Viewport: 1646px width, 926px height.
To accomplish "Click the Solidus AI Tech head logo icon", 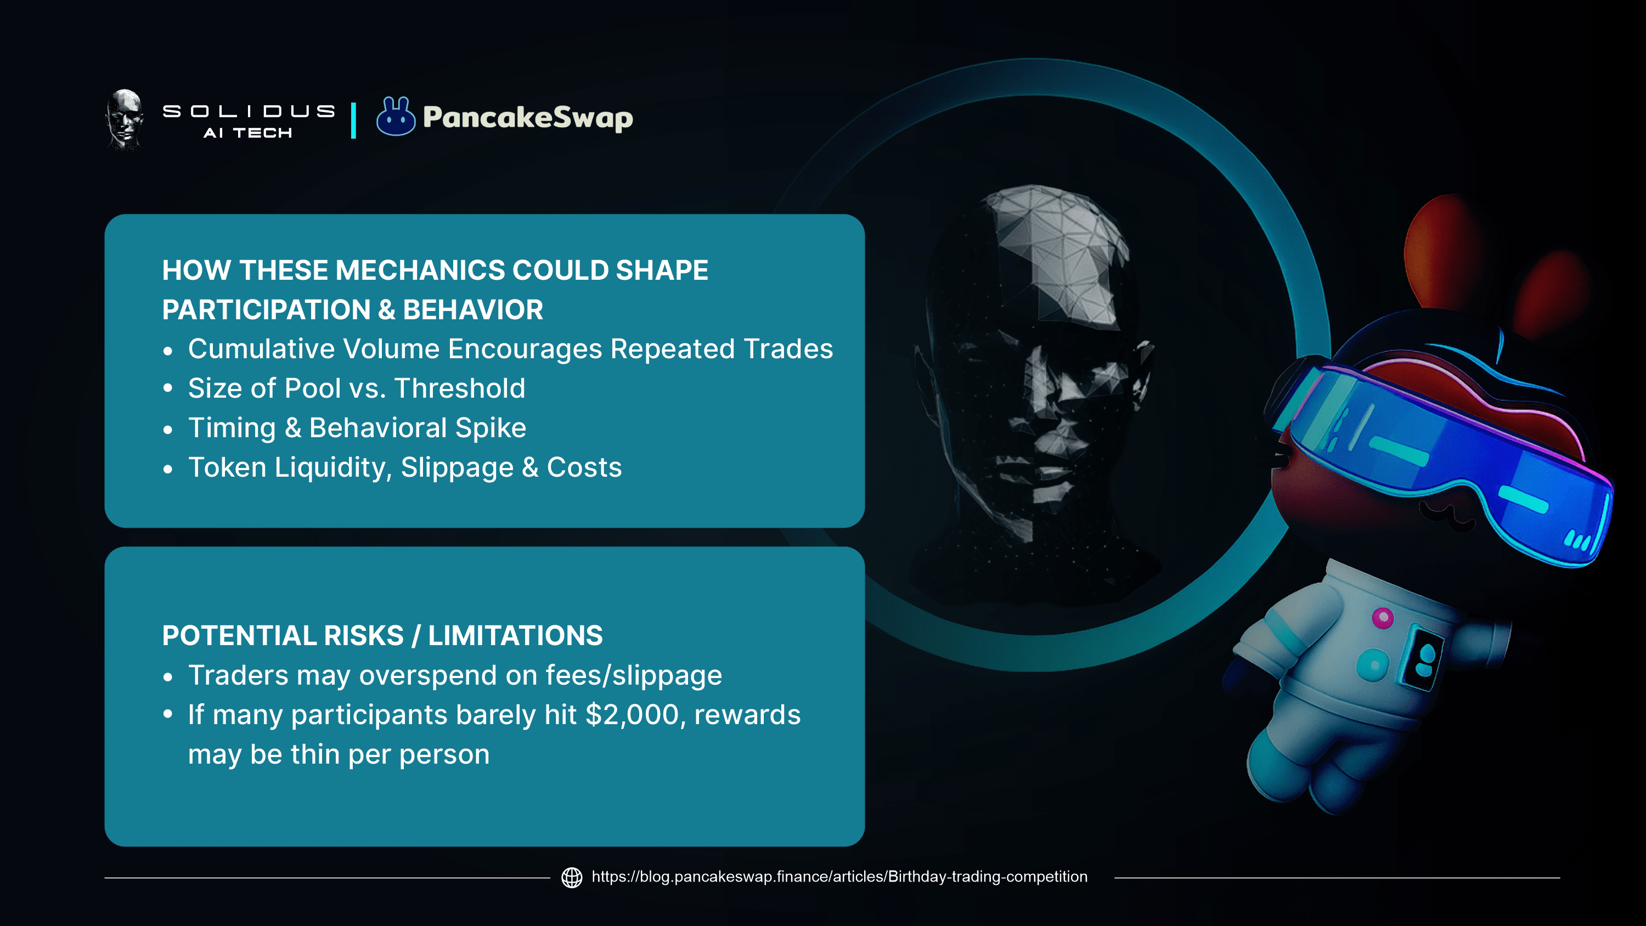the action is pyautogui.click(x=125, y=120).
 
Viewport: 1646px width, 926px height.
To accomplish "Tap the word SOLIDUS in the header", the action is pyautogui.click(x=249, y=111).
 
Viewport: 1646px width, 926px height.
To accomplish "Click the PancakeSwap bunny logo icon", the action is pyautogui.click(x=396, y=116).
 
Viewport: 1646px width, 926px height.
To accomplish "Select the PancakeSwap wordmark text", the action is pyautogui.click(x=528, y=117).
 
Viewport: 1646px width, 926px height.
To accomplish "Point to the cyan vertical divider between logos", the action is pyautogui.click(x=353, y=120).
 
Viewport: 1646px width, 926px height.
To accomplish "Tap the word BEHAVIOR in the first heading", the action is pyautogui.click(x=473, y=310).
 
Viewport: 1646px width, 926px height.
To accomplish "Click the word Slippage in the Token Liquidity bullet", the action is pyautogui.click(x=457, y=468).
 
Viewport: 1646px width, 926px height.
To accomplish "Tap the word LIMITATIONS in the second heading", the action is pyautogui.click(x=515, y=636).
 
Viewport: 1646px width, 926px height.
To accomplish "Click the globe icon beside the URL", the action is pyautogui.click(x=572, y=877).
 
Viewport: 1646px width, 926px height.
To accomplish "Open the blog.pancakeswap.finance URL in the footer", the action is pyautogui.click(x=839, y=877).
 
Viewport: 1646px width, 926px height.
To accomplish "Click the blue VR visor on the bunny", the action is pyautogui.click(x=1444, y=460).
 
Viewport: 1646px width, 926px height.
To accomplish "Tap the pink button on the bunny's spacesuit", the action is pyautogui.click(x=1383, y=618).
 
